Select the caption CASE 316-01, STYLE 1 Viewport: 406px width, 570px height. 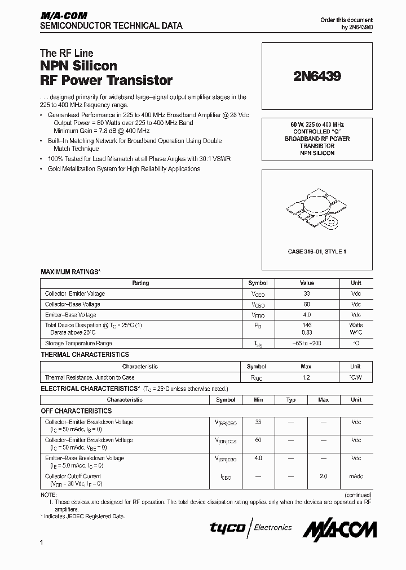point(317,251)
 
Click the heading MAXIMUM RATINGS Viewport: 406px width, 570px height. point(70,272)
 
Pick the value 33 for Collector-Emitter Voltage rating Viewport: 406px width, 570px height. point(307,293)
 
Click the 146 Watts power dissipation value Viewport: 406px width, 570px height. point(307,325)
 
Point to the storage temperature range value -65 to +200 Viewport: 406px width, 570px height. point(307,343)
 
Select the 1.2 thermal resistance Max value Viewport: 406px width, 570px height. point(306,377)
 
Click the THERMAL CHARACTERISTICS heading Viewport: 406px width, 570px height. point(85,355)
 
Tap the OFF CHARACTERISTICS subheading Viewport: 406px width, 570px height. point(76,411)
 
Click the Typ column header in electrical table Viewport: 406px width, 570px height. point(291,399)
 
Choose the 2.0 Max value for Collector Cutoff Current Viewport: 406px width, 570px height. point(323,477)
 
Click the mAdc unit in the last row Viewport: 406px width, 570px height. point(356,477)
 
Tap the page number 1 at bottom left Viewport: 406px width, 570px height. point(42,542)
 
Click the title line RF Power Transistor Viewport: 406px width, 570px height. point(106,81)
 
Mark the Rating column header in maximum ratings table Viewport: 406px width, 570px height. point(140,283)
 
